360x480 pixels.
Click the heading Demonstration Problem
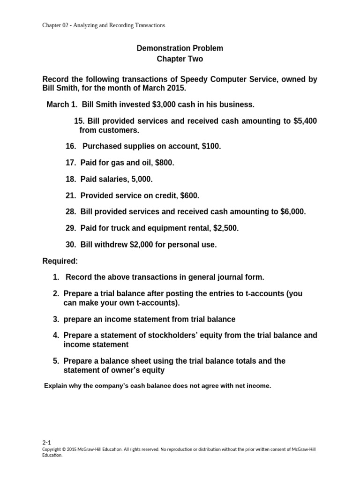point(180,48)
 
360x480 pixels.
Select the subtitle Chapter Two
point(180,59)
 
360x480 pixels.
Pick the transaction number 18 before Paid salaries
point(70,179)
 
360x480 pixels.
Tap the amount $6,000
point(293,212)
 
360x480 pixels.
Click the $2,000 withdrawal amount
point(127,245)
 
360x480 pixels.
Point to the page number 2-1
point(46,442)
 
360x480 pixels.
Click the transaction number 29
point(70,228)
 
